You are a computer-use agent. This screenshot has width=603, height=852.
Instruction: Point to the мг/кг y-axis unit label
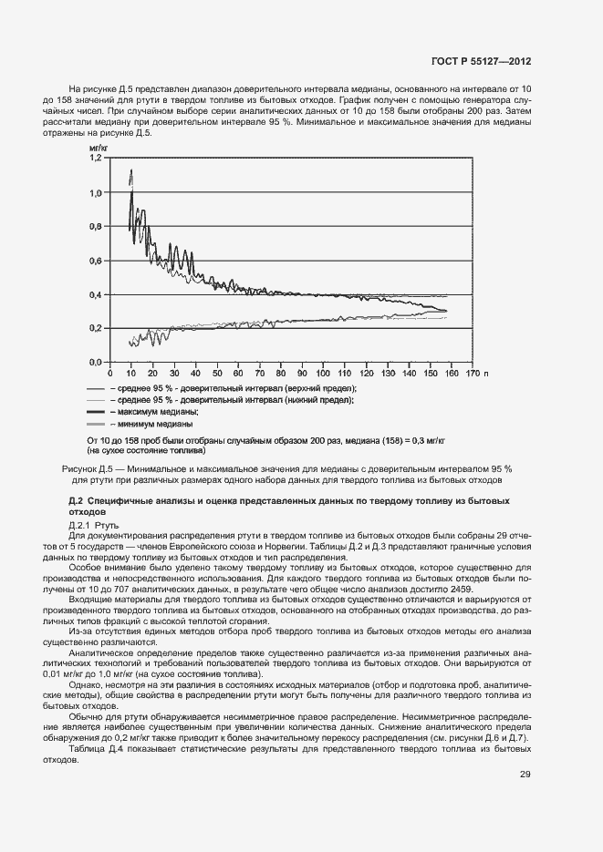pos(99,146)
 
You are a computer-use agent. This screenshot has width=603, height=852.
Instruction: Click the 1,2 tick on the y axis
pos(96,158)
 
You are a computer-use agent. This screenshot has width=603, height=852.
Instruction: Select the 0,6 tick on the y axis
pos(96,261)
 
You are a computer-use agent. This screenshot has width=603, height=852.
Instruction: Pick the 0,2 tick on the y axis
pos(96,328)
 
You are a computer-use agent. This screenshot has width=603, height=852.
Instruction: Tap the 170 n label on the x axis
pos(477,373)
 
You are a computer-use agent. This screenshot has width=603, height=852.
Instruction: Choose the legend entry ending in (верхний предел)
pos(233,388)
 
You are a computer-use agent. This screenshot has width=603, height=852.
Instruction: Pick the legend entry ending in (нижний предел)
pos(232,400)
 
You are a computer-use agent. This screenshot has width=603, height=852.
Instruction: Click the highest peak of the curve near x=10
pos(131,170)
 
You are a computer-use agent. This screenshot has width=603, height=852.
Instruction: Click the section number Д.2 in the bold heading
pos(77,501)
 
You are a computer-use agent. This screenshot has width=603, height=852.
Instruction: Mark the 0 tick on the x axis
pos(109,373)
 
